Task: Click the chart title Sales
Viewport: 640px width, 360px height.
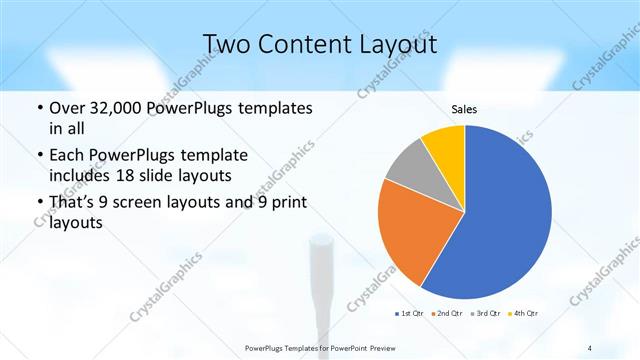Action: pos(464,108)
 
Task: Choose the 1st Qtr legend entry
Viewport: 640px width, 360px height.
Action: pos(410,313)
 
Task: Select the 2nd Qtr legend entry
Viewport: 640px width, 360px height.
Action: pos(445,313)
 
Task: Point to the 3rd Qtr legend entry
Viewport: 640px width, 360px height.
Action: pos(485,313)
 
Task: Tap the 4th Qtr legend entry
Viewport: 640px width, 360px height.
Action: pos(524,313)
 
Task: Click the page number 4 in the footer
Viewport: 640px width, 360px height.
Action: pos(590,348)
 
